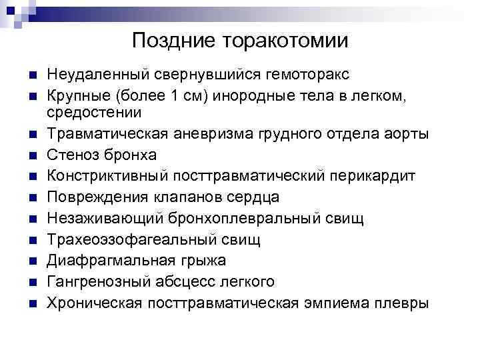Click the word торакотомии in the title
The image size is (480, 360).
pyautogui.click(x=285, y=41)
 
